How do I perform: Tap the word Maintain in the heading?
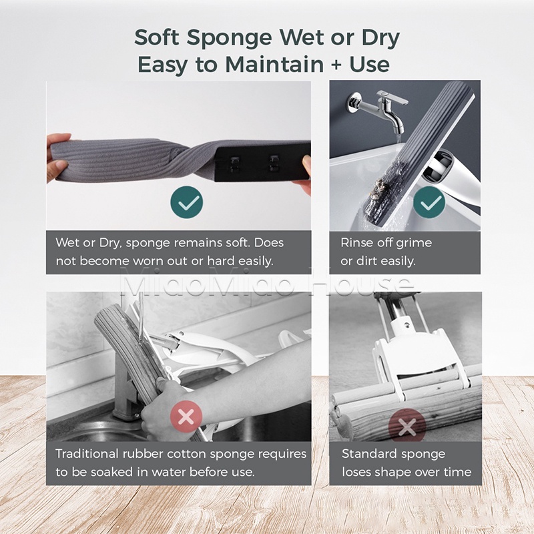(x=274, y=64)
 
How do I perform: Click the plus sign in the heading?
(x=336, y=65)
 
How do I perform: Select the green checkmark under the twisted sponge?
(x=187, y=202)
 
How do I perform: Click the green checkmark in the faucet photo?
(x=429, y=202)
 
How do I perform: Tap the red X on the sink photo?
(x=186, y=417)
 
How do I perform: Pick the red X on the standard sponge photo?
(x=407, y=426)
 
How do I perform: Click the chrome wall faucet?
(x=378, y=108)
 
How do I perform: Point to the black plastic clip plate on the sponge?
(x=263, y=161)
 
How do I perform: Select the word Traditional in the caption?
(x=87, y=454)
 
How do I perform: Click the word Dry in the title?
(x=380, y=39)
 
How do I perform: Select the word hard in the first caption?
(x=222, y=261)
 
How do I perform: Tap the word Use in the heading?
(x=370, y=64)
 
